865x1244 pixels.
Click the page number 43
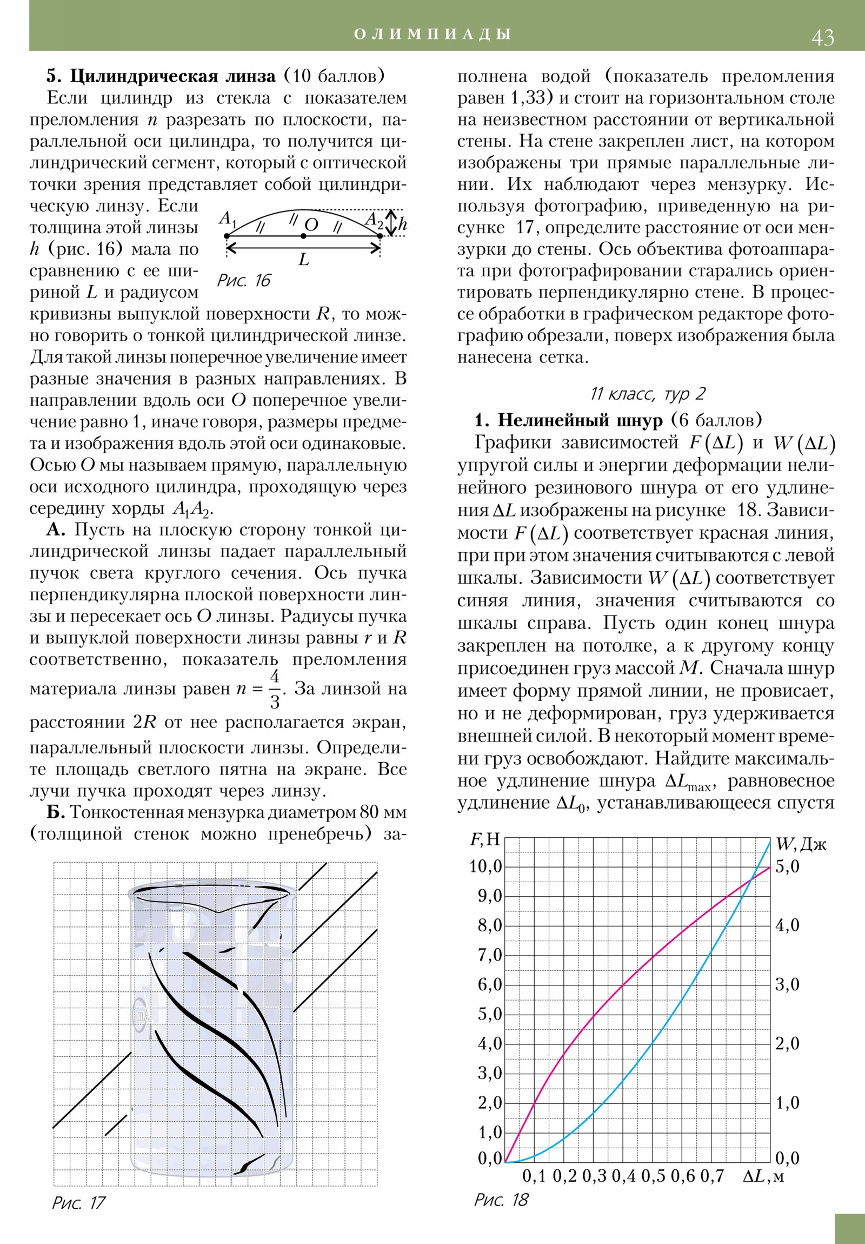coord(822,37)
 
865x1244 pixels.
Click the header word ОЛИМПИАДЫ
coord(432,34)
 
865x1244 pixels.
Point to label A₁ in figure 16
coord(228,219)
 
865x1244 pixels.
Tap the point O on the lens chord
coord(303,236)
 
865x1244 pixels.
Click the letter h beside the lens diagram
coord(402,224)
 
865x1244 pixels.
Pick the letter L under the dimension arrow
coord(304,260)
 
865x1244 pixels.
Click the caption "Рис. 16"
coord(243,281)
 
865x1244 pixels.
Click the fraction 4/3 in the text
coord(275,689)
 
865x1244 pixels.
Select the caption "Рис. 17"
coord(78,1203)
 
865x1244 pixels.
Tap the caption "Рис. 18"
coord(501,1200)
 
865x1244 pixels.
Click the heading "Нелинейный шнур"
coord(580,420)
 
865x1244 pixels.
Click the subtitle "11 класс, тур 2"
coord(647,394)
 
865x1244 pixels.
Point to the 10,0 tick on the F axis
coord(486,866)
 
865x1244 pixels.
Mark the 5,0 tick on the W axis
coord(787,866)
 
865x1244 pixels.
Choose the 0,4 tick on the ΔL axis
coord(623,1176)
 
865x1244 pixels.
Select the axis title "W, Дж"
coord(801,844)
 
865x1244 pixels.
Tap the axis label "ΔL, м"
coord(763,1176)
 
